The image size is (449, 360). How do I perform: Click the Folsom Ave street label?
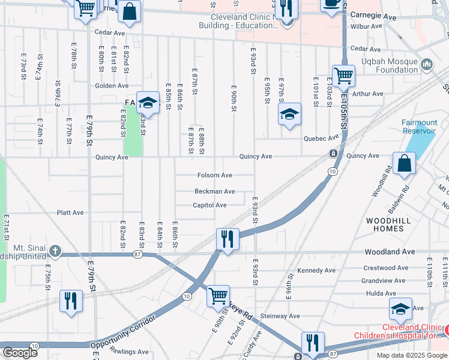pos(214,175)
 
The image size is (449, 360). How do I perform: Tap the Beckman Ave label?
pos(214,191)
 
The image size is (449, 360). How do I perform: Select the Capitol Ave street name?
pos(209,205)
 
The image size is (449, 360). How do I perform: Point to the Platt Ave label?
pos(70,212)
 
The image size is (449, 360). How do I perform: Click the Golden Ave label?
pos(107,86)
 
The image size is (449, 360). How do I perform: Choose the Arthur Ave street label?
pos(368,94)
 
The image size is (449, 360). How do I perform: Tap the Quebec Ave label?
pos(318,139)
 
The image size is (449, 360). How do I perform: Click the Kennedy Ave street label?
pos(316,271)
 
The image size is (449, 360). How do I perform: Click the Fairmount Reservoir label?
pos(419,127)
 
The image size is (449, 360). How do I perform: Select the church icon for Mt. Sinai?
pos(55,251)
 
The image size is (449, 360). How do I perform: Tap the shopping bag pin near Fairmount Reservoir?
pos(405,163)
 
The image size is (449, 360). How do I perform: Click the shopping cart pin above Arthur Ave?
pos(343,76)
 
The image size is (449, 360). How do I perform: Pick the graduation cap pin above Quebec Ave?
pos(289,114)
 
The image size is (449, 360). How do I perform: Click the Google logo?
pos(20,353)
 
